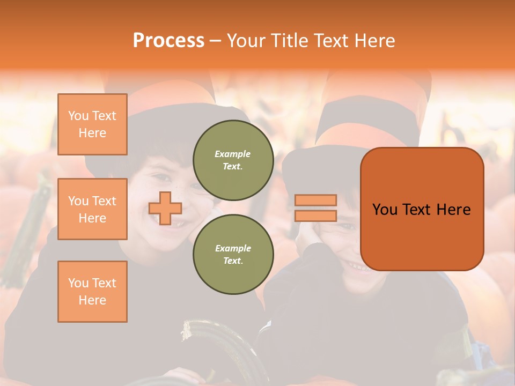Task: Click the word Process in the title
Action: click(168, 41)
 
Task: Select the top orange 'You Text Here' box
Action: click(92, 124)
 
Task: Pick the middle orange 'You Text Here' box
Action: click(92, 209)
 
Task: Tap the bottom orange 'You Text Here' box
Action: click(92, 292)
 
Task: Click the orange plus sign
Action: click(165, 208)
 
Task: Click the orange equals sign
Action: click(315, 208)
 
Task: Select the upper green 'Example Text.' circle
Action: click(233, 160)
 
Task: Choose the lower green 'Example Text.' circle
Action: click(233, 255)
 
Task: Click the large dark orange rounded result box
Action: click(422, 209)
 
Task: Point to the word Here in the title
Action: click(376, 41)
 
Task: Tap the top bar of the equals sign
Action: click(315, 201)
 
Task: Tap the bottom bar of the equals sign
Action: click(315, 216)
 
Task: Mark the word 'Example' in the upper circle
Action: click(233, 154)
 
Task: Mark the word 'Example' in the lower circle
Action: click(233, 249)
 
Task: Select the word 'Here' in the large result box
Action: click(453, 210)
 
